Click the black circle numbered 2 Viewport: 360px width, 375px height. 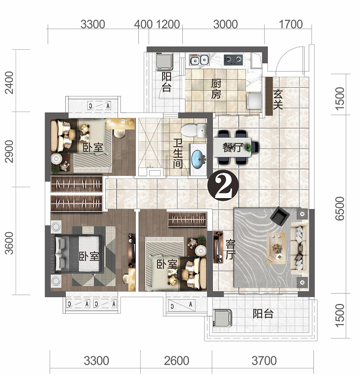pyautogui.click(x=223, y=186)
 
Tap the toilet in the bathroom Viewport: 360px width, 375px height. pyautogui.click(x=194, y=130)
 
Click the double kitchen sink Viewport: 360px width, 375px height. pyautogui.click(x=199, y=60)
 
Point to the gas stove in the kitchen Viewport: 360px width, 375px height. pyautogui.click(x=233, y=60)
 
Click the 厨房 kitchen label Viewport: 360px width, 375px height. pyautogui.click(x=216, y=89)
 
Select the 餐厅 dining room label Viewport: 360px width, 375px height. pyautogui.click(x=233, y=147)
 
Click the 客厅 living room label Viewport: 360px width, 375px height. pyautogui.click(x=231, y=249)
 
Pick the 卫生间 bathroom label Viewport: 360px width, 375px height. pyautogui.click(x=178, y=154)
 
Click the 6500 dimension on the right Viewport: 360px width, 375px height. pyautogui.click(x=339, y=209)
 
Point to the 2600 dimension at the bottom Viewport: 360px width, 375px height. pyautogui.click(x=177, y=361)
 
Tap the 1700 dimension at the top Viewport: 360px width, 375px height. pyautogui.click(x=291, y=24)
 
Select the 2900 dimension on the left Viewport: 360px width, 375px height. pyautogui.click(x=9, y=151)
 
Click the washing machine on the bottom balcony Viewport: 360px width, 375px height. pyautogui.click(x=223, y=318)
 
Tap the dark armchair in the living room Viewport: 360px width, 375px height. pyautogui.click(x=280, y=216)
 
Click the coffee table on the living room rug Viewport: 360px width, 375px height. pyautogui.click(x=276, y=248)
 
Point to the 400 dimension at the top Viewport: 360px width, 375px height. pyautogui.click(x=143, y=24)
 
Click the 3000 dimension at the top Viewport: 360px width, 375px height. pyautogui.click(x=225, y=24)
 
